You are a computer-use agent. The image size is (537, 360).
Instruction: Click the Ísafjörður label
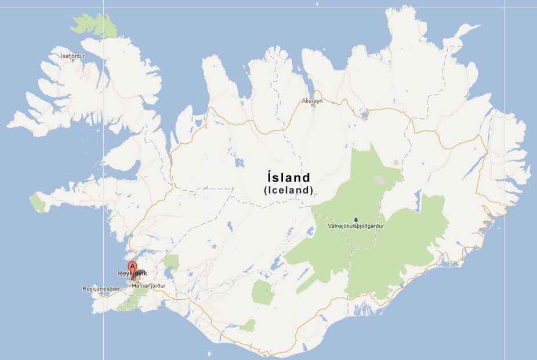click(x=73, y=56)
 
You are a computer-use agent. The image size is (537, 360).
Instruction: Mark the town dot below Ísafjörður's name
click(x=73, y=61)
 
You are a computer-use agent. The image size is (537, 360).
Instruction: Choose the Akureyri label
click(x=312, y=101)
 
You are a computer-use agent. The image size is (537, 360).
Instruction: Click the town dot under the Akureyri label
click(x=312, y=106)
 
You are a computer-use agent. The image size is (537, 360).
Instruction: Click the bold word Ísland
click(x=288, y=177)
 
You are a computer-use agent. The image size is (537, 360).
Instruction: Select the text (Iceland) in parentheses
click(x=288, y=190)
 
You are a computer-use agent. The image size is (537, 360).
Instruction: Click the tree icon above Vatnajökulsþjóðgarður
click(x=356, y=220)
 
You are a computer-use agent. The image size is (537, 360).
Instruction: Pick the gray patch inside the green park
click(x=379, y=180)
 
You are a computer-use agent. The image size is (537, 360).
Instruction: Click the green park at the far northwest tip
click(x=94, y=24)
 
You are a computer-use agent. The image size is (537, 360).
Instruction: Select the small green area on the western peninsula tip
click(x=38, y=202)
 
